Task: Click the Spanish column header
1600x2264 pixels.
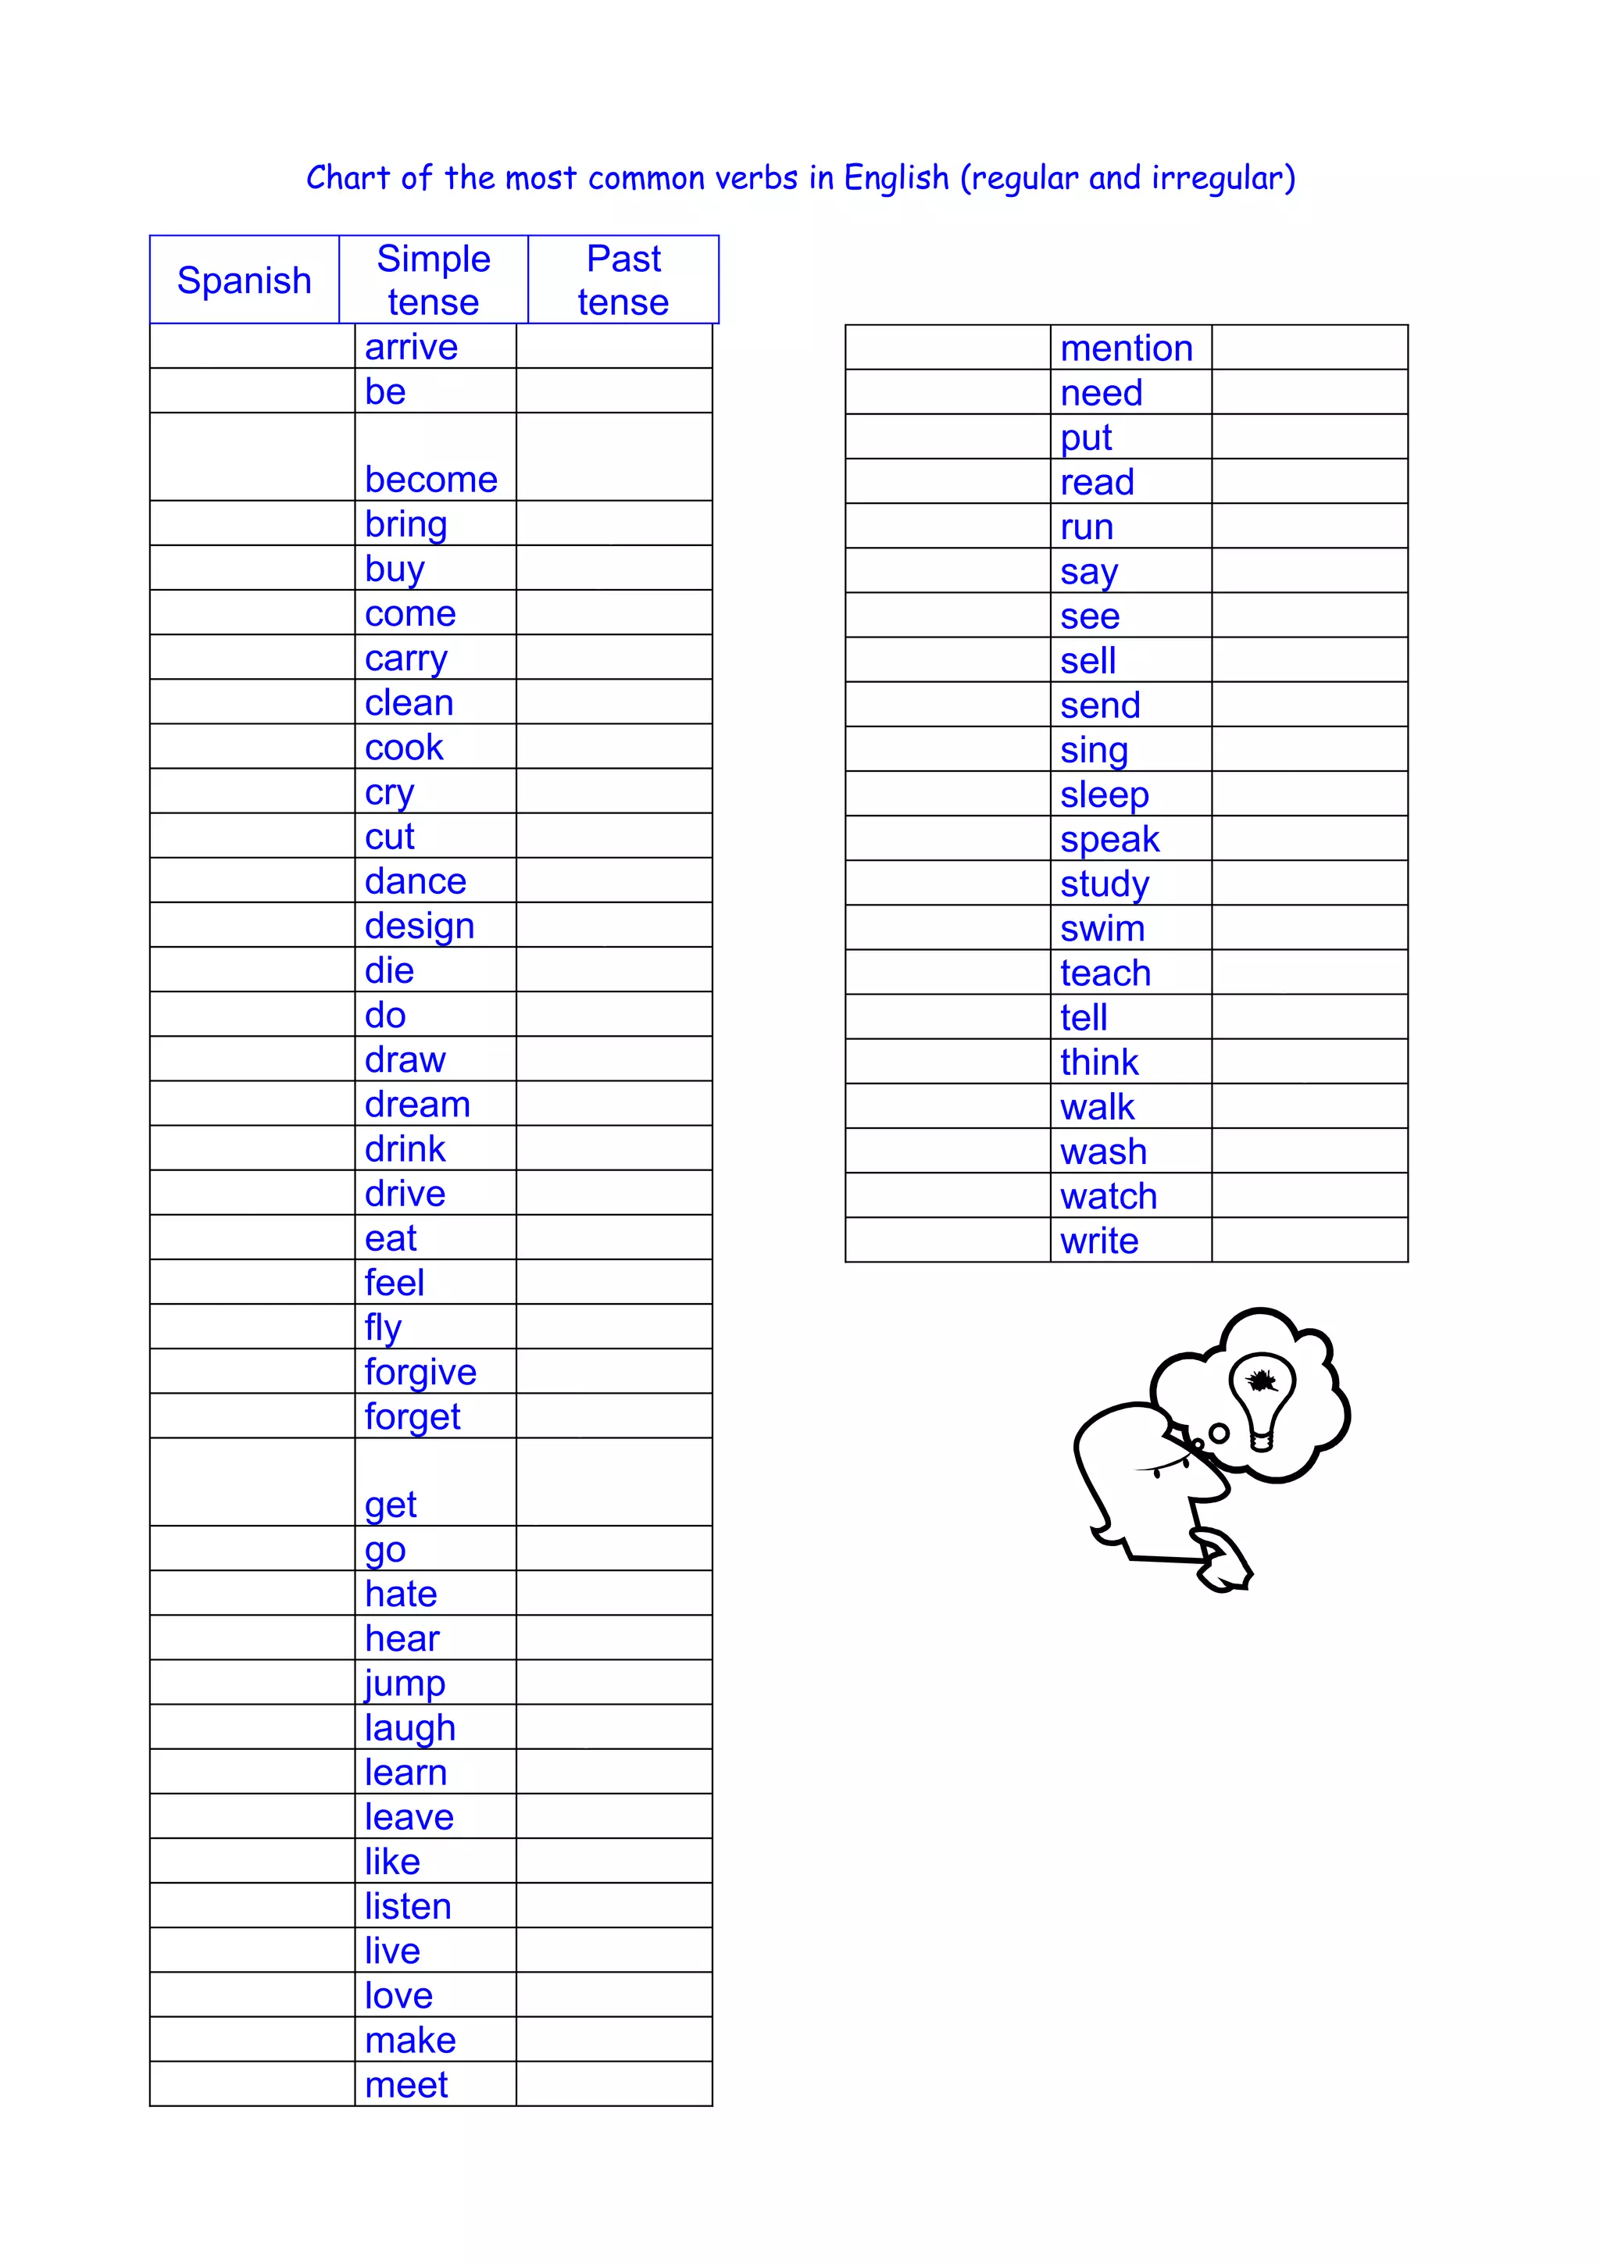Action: coord(244,280)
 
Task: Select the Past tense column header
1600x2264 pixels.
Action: coord(623,280)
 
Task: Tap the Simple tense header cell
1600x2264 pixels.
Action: coord(434,280)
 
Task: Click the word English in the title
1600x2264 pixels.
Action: coord(895,178)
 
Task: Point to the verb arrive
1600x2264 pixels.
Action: coord(411,347)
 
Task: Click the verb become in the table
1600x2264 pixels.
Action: coord(430,479)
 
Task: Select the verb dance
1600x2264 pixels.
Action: coord(415,880)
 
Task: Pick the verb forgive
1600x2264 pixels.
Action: coord(420,1372)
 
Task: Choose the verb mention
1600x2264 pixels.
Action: coord(1126,348)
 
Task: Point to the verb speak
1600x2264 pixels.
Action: coord(1109,839)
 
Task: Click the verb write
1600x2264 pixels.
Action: coord(1099,1241)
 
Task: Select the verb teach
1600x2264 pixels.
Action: coord(1105,973)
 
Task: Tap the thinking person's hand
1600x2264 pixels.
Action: coord(1223,1560)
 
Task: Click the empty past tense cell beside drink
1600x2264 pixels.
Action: coord(613,1148)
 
